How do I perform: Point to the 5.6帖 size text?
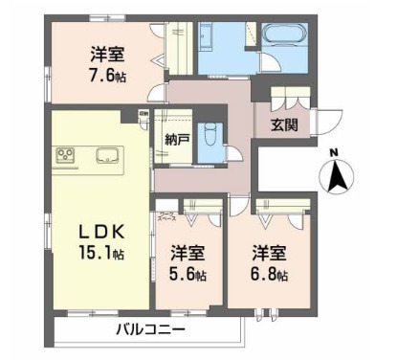[x=188, y=276]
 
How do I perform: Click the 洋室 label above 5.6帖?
[x=188, y=254]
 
